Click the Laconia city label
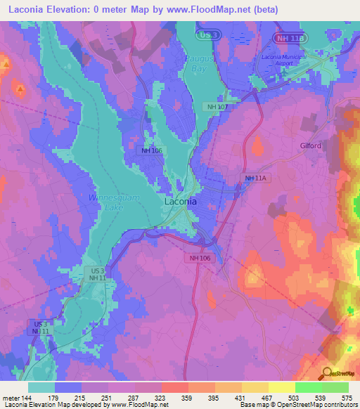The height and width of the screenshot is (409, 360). pyautogui.click(x=180, y=201)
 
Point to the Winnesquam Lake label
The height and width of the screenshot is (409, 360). pyautogui.click(x=115, y=203)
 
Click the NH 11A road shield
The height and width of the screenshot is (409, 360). pyautogui.click(x=257, y=178)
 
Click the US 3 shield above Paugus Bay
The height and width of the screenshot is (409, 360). pyautogui.click(x=206, y=34)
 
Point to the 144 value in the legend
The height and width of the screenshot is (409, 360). pyautogui.click(x=27, y=398)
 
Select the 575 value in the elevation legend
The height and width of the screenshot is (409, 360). pyautogui.click(x=345, y=398)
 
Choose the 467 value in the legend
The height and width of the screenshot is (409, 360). pyautogui.click(x=264, y=398)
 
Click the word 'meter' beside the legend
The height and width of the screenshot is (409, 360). pyautogui.click(x=11, y=398)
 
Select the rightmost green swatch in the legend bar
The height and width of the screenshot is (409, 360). pyautogui.click(x=335, y=387)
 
